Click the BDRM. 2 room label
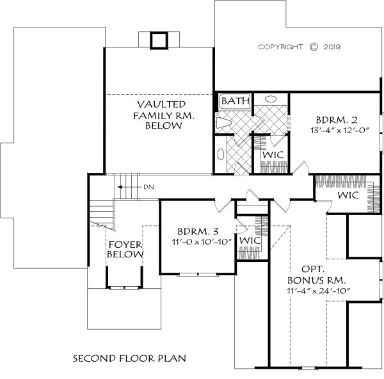pos(337,120)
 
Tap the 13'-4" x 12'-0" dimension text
pos(339,130)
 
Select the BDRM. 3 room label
pos(198,231)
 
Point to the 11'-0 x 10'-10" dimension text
pos(202,242)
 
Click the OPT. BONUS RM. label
pos(316,275)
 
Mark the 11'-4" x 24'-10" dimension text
pos(318,291)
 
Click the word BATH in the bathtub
pos(235,101)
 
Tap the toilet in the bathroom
pos(223,122)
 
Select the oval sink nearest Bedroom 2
pos(271,99)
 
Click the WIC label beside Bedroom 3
pos(250,241)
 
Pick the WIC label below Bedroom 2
pos(348,195)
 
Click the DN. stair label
pos(149,187)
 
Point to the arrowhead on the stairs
pos(120,187)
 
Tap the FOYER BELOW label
pos(125,250)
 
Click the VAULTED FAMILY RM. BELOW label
pos(163,115)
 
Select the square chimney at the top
pos(159,40)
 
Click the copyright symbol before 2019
pos(314,47)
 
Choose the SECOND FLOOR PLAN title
pos(129,359)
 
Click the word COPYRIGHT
pos(280,47)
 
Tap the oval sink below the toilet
pos(221,154)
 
